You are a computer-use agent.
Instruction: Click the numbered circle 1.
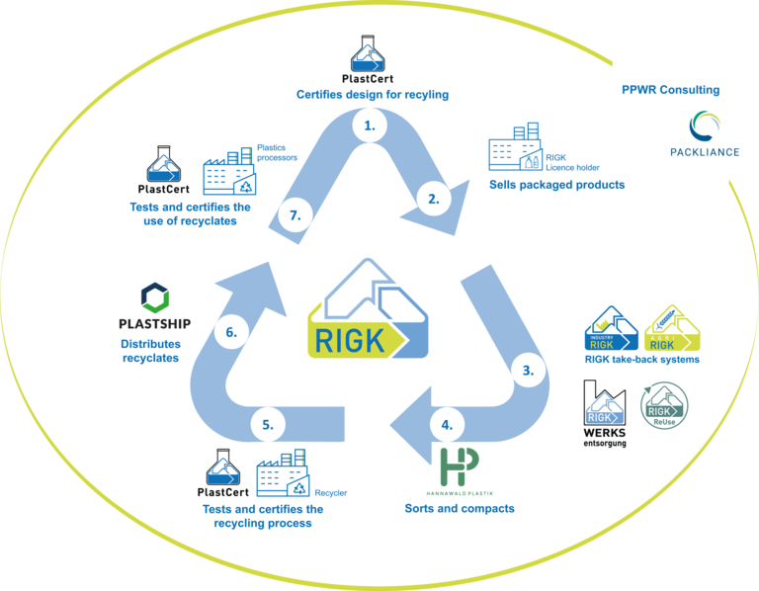point(370,126)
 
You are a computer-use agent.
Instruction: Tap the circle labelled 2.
point(433,198)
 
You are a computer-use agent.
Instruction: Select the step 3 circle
point(528,371)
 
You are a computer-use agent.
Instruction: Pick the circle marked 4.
point(447,425)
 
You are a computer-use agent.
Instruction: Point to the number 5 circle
point(268,425)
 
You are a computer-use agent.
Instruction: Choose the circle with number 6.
point(230,332)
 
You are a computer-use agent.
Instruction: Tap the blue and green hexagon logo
point(156,299)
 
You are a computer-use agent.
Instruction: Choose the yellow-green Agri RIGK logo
point(672,327)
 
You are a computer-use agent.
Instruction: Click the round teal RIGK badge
point(665,405)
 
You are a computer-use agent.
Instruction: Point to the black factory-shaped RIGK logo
point(604,405)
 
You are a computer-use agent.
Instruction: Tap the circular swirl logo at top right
point(706,127)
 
